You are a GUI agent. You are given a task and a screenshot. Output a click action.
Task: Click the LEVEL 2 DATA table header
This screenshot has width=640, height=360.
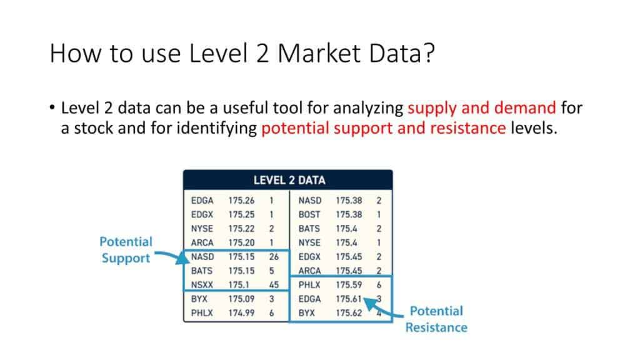pyautogui.click(x=289, y=180)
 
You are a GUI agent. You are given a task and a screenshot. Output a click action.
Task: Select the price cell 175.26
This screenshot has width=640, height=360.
pyautogui.click(x=241, y=201)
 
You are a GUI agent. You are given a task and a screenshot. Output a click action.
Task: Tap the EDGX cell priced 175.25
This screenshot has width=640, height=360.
pyautogui.click(x=202, y=214)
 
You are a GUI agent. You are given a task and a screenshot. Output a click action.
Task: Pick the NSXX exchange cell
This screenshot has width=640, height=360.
pyautogui.click(x=202, y=285)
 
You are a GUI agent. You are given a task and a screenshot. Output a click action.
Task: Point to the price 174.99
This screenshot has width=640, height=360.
pyautogui.click(x=241, y=312)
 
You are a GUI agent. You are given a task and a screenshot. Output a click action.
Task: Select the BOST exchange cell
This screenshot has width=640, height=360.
pyautogui.click(x=309, y=214)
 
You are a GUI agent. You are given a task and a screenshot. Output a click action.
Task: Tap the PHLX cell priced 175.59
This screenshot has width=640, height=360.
pyautogui.click(x=309, y=285)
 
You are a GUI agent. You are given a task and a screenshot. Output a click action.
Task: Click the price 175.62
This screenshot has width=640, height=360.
pyautogui.click(x=349, y=312)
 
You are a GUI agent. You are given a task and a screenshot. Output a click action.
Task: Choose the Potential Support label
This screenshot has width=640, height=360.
pyautogui.click(x=126, y=249)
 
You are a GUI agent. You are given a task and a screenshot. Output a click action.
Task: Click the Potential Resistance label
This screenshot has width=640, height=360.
pyautogui.click(x=436, y=319)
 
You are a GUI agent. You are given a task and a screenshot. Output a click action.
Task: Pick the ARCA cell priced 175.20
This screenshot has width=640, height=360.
pyautogui.click(x=202, y=242)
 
